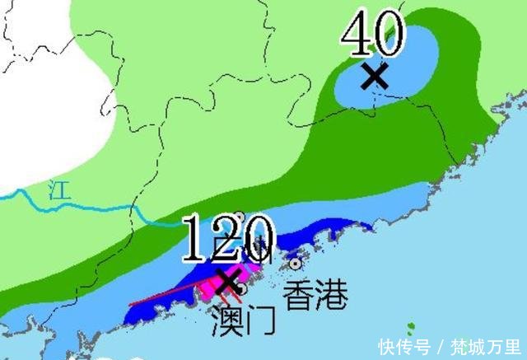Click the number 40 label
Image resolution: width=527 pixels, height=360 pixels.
coord(373,35)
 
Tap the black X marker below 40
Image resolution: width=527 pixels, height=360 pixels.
coord(375,76)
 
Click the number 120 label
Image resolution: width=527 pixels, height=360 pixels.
coord(228,239)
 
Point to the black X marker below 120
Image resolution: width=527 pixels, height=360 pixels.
coord(227,280)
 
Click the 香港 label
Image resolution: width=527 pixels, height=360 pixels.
coord(315,294)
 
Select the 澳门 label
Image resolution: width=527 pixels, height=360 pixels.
coord(244,320)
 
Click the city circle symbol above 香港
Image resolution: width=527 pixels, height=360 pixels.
coord(296,264)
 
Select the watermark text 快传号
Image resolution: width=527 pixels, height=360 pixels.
coord(403,346)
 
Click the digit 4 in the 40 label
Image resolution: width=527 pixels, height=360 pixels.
coord(357,35)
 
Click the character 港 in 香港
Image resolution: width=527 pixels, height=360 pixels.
coord(332,294)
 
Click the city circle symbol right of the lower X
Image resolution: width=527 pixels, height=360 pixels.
coord(242,288)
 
